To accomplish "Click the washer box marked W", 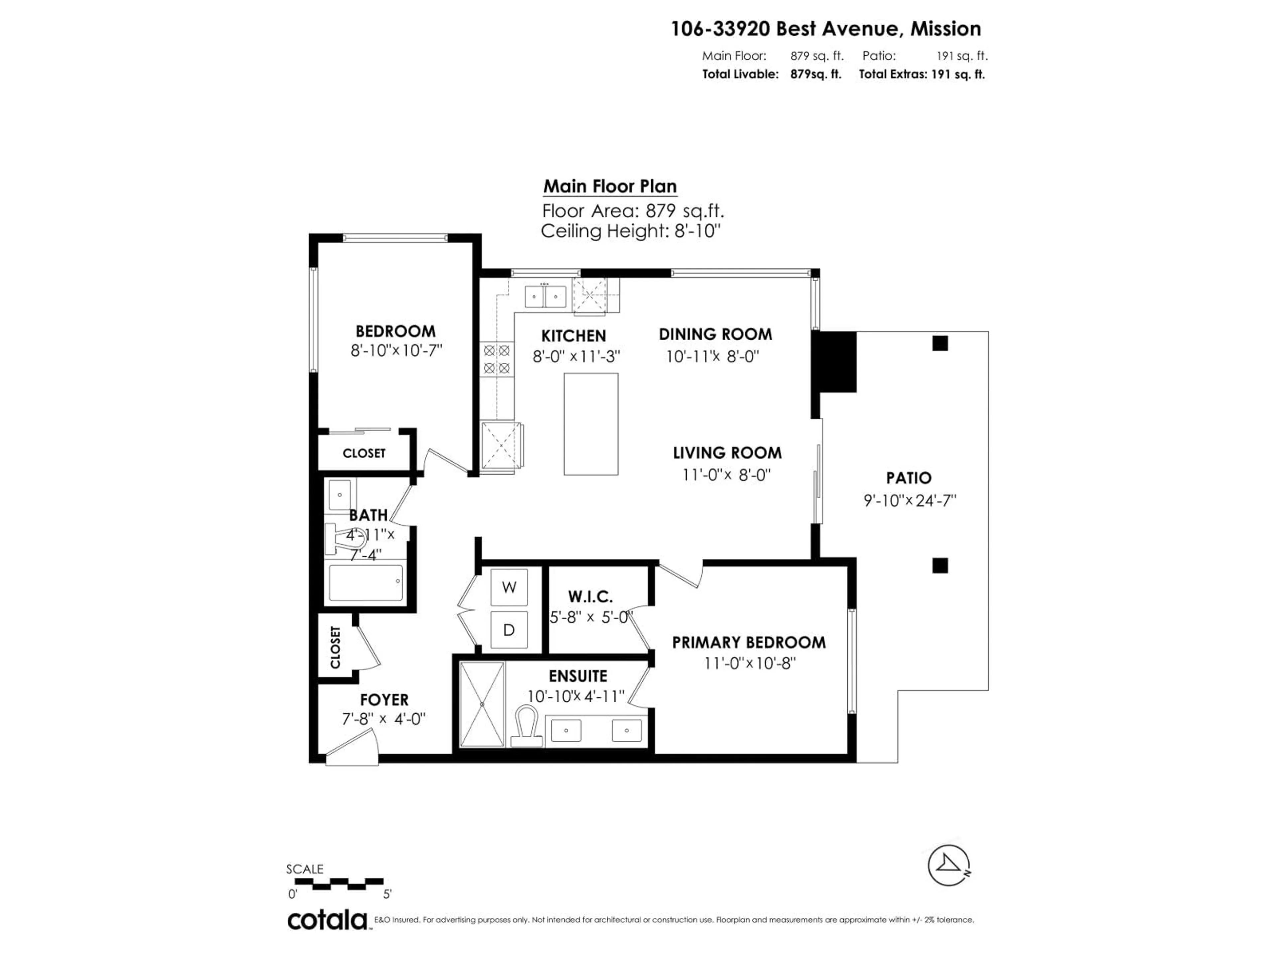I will (x=509, y=587).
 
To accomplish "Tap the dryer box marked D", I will (x=509, y=630).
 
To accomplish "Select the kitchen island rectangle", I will (x=591, y=424).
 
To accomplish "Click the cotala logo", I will (x=327, y=920).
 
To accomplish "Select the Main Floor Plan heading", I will (x=610, y=186).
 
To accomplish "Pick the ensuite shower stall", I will (x=482, y=704).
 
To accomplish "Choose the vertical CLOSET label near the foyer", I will (x=335, y=647).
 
